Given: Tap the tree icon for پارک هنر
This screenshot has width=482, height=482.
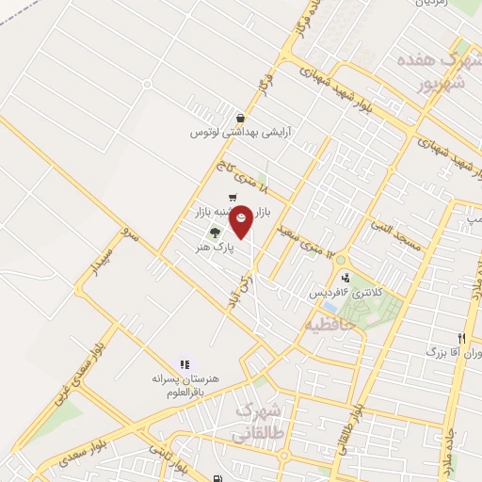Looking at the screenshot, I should [x=216, y=233].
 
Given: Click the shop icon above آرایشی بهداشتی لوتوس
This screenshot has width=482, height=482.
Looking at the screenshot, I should [x=242, y=119].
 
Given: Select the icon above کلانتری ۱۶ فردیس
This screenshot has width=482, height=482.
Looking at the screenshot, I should [x=346, y=278].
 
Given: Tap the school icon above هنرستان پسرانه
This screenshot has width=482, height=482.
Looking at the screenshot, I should [x=185, y=363].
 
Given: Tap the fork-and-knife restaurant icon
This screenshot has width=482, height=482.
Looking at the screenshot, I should [x=461, y=338].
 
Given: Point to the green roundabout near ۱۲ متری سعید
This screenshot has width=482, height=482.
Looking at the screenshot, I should [x=341, y=259].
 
